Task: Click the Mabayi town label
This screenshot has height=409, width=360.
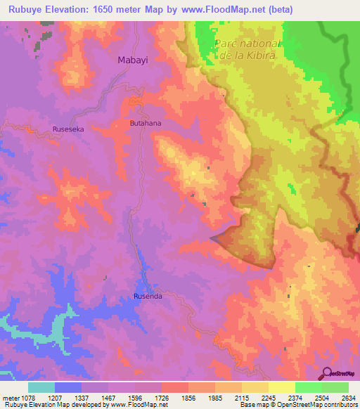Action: click(x=132, y=61)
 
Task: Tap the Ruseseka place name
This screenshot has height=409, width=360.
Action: click(x=68, y=129)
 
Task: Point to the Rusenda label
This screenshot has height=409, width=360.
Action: click(x=148, y=297)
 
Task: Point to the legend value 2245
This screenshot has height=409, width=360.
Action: click(x=280, y=398)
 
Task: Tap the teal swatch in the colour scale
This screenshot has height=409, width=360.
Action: click(x=41, y=387)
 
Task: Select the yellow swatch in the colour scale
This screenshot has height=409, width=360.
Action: click(x=281, y=387)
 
